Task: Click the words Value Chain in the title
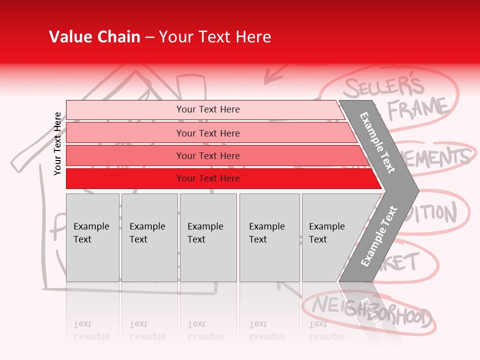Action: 94,37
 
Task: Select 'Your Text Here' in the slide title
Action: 215,37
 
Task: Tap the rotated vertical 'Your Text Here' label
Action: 57,144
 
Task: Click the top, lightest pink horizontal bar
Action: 207,109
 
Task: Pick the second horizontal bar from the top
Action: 207,133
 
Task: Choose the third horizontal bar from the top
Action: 207,155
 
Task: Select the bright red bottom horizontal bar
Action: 207,178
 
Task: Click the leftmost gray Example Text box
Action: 92,237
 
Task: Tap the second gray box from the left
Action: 149,237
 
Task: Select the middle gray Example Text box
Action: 208,237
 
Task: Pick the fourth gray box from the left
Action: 269,237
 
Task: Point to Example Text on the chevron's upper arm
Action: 378,142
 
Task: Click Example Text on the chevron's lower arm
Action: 378,236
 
